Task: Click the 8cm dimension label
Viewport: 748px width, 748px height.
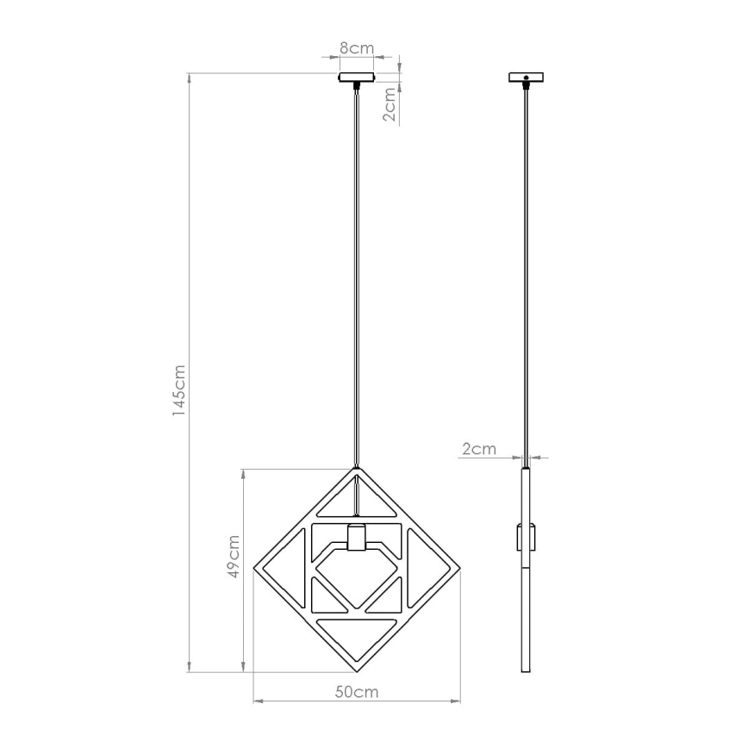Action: [x=356, y=48]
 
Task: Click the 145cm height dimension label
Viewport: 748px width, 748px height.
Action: [x=178, y=390]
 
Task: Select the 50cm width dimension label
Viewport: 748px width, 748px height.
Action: [x=357, y=692]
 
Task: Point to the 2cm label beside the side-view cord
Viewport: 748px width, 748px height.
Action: [x=479, y=448]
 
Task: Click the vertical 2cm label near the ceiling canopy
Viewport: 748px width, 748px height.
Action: [x=390, y=104]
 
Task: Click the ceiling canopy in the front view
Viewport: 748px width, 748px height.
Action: [x=356, y=78]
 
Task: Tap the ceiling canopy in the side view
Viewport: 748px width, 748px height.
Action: [x=527, y=78]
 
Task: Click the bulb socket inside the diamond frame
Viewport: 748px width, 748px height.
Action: [x=356, y=538]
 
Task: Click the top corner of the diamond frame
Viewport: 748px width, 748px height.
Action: [x=356, y=471]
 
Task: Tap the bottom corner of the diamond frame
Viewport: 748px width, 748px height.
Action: [x=356, y=671]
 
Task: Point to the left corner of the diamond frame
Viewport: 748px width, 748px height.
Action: [x=256, y=570]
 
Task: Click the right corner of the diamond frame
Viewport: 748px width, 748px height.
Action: [x=458, y=570]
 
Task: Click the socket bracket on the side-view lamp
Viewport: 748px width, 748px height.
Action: [x=527, y=537]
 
